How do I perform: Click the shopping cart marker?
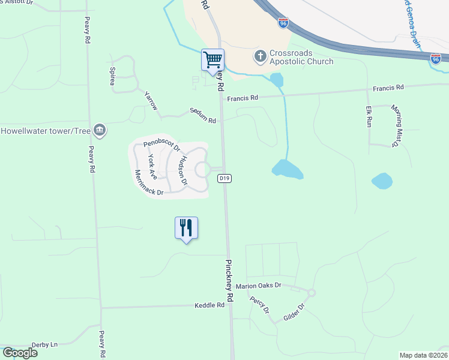click(212, 60)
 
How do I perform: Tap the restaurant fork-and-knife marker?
click(186, 228)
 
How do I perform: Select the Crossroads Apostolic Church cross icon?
click(260, 56)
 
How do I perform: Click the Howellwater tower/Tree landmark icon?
click(100, 130)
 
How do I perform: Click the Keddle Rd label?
click(209, 305)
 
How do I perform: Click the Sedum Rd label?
click(202, 116)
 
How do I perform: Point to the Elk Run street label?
click(369, 116)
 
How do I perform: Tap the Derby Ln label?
click(44, 344)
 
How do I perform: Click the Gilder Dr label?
click(294, 314)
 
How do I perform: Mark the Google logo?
click(20, 353)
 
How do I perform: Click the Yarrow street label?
click(151, 101)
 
